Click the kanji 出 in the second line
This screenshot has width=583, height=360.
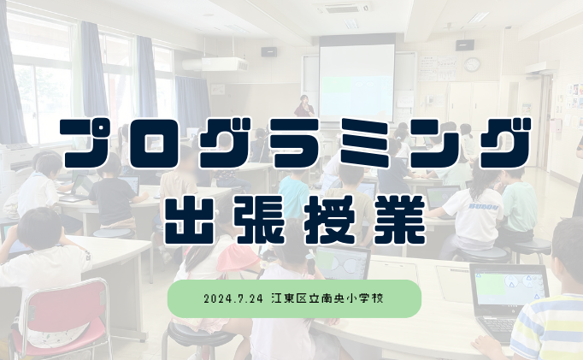(x=191, y=216)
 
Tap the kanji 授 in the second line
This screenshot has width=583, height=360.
(x=327, y=216)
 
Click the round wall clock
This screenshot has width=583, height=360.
(x=472, y=64)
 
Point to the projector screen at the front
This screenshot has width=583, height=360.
(x=356, y=80)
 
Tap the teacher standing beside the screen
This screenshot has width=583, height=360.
(x=303, y=106)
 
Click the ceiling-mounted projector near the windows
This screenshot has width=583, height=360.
(x=224, y=64)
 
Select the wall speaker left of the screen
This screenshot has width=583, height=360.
(x=270, y=51)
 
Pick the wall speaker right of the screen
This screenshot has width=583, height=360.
(x=463, y=44)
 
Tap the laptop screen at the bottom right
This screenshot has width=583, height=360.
(x=508, y=291)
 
